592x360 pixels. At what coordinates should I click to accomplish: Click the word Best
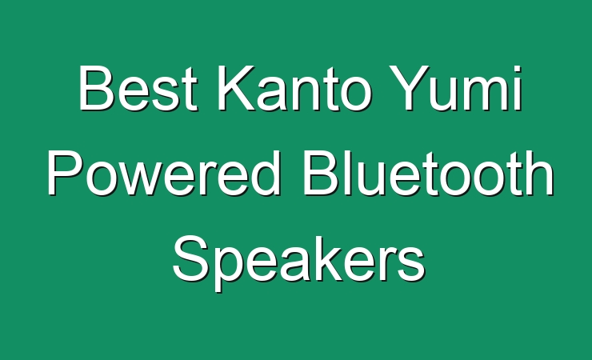(x=138, y=88)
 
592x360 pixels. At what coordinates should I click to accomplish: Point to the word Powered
(x=165, y=173)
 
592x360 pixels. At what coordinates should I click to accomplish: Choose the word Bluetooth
(x=428, y=173)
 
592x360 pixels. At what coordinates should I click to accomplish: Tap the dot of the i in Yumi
(x=518, y=69)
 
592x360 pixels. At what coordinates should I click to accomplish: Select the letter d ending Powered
(x=266, y=174)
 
